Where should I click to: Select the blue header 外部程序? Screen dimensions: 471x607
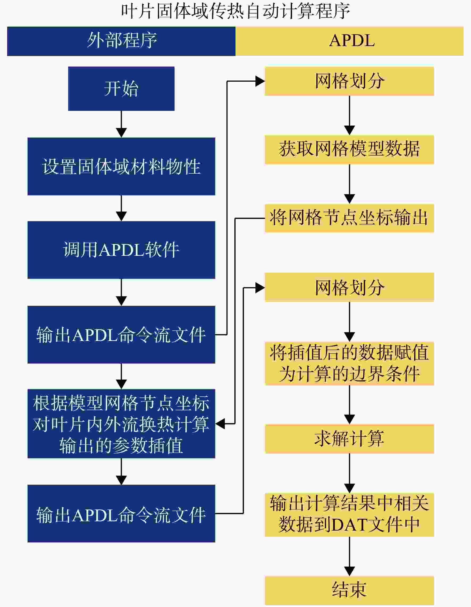[x=121, y=41]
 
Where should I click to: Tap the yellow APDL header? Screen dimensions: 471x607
[x=350, y=41]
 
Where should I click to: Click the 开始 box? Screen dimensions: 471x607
[x=121, y=89]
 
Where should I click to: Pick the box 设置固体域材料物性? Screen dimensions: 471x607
[x=121, y=166]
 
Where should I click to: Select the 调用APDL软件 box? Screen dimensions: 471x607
[x=121, y=250]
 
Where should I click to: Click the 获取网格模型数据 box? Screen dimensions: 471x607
[x=350, y=150]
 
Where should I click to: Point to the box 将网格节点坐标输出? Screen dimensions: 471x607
[x=350, y=218]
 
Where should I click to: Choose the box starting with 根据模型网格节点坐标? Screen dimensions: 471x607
[x=121, y=424]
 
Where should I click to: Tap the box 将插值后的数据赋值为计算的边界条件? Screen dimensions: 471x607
[x=350, y=363]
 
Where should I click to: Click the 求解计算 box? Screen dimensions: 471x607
[x=350, y=439]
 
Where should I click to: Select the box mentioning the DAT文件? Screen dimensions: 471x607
[x=350, y=515]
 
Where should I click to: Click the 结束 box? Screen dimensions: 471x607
[x=350, y=590]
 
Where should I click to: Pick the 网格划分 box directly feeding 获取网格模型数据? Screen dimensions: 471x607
[x=350, y=81]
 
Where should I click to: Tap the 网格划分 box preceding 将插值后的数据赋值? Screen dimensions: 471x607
[x=350, y=287]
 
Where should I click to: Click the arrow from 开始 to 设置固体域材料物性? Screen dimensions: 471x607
[x=121, y=124]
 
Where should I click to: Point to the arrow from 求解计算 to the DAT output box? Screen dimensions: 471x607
[x=350, y=473]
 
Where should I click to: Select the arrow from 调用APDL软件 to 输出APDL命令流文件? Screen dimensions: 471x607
[x=121, y=292]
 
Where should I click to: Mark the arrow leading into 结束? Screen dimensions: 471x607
[x=350, y=556]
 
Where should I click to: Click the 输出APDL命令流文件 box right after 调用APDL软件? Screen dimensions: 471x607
[x=121, y=335]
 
